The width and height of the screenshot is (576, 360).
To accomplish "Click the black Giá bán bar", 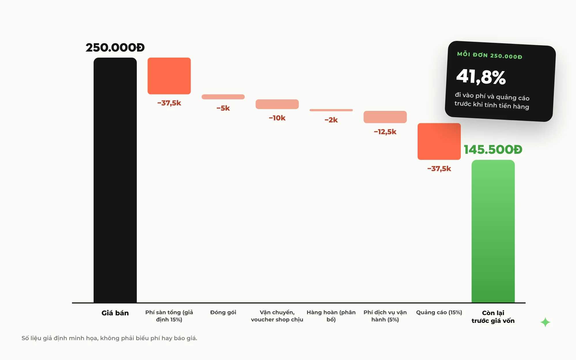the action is (x=115, y=180).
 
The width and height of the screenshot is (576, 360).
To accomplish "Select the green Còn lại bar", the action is (x=493, y=231).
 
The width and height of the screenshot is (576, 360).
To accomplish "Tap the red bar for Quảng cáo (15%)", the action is (x=439, y=141).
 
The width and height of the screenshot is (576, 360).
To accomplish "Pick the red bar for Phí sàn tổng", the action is (x=169, y=76).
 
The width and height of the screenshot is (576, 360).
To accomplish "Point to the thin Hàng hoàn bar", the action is (x=331, y=110).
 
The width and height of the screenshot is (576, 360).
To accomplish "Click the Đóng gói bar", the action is (x=223, y=97).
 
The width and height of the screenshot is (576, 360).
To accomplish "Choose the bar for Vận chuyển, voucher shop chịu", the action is (x=277, y=104).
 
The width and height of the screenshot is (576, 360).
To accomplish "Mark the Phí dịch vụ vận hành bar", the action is (x=385, y=117).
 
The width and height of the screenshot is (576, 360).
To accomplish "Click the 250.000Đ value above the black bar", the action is (x=115, y=48).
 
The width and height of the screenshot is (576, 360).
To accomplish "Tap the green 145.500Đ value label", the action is (x=493, y=149).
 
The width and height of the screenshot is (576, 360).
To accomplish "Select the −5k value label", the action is (x=223, y=108).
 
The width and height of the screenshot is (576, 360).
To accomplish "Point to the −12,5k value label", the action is (x=385, y=132).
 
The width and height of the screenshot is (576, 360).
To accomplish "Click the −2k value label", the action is (x=331, y=120).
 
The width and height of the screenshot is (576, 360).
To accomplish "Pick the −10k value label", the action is (x=277, y=118).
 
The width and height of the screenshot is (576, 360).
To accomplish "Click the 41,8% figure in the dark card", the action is (x=481, y=77).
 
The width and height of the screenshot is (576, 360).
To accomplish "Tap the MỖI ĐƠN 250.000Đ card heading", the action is (x=490, y=55).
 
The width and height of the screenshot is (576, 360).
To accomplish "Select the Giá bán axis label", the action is (x=115, y=313).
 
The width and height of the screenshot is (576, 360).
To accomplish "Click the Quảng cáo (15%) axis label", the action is (x=439, y=312).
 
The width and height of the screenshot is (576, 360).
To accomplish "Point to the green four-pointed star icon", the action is (x=545, y=322).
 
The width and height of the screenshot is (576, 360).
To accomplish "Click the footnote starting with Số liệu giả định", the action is (x=109, y=338).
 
